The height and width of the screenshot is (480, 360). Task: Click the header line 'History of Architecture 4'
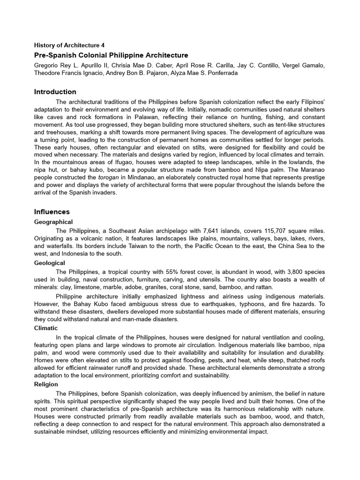[69, 45]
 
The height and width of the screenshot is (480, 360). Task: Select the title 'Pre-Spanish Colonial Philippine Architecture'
[111, 55]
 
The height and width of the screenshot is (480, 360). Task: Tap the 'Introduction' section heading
[55, 92]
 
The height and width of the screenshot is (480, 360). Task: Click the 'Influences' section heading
[52, 212]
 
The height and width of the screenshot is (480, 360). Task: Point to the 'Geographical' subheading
[53, 222]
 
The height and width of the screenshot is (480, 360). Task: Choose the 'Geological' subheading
[50, 263]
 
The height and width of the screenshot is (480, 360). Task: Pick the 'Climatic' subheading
[46, 329]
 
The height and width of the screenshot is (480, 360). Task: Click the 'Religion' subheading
[46, 384]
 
